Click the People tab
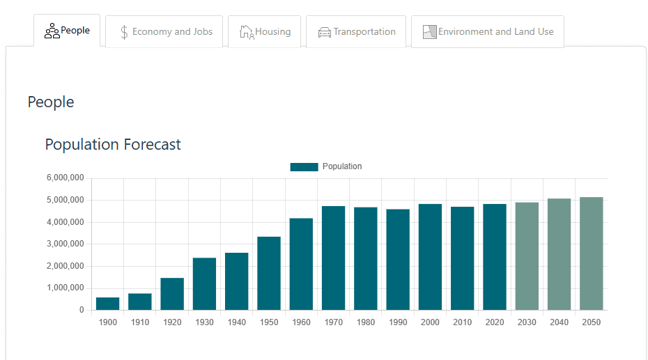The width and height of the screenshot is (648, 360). tap(67, 31)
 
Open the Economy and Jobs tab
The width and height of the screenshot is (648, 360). tap(164, 32)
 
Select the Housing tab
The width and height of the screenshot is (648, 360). tap(264, 32)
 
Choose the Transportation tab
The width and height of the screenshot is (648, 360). tap(355, 32)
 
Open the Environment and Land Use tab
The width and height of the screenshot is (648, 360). tap(487, 32)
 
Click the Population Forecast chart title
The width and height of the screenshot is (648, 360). tap(113, 145)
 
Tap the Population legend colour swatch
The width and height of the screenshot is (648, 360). tap(304, 167)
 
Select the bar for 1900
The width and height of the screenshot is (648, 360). tap(108, 304)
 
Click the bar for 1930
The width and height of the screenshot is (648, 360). tap(205, 284)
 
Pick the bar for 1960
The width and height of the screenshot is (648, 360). tap(302, 265)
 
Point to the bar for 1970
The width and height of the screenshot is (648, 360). tap(334, 258)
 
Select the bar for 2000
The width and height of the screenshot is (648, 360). tap(431, 257)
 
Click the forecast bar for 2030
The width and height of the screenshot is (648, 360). tap(527, 256)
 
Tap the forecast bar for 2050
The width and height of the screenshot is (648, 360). tap(592, 253)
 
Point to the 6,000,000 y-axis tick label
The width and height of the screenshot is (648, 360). tap(65, 178)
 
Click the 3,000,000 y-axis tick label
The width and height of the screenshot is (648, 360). tap(65, 244)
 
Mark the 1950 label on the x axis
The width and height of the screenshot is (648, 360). tap(269, 322)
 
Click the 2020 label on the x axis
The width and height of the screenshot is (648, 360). tap(495, 322)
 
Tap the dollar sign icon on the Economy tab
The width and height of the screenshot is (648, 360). tap(124, 32)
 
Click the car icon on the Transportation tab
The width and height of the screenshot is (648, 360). tap(325, 32)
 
